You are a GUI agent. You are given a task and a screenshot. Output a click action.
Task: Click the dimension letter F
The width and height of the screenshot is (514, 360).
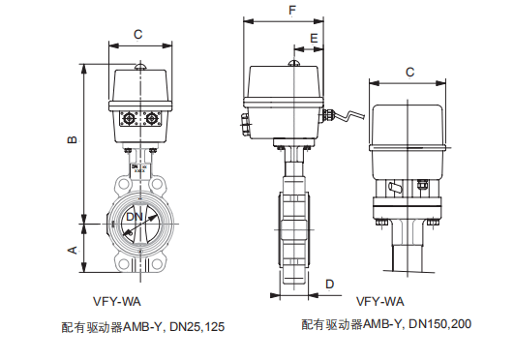point(292,11)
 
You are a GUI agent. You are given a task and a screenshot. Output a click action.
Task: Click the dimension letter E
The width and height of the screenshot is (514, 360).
point(314,38)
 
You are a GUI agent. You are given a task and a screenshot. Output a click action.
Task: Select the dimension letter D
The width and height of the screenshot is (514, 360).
point(329,284)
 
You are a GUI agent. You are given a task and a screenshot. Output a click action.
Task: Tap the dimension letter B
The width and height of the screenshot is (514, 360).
point(73,139)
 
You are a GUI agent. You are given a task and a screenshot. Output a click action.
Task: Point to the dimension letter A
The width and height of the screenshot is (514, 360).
point(73,250)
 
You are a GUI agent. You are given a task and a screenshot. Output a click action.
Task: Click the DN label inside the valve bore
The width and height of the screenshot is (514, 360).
point(135,217)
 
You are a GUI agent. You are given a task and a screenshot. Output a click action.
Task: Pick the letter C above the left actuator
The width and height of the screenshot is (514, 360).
point(138,35)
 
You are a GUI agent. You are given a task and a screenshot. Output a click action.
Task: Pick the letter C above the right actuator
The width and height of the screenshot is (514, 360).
point(409,72)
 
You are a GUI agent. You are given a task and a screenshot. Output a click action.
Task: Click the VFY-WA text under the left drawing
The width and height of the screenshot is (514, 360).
point(117,301)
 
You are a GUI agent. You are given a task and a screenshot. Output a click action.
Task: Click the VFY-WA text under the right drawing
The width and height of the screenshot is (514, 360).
point(380,301)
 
